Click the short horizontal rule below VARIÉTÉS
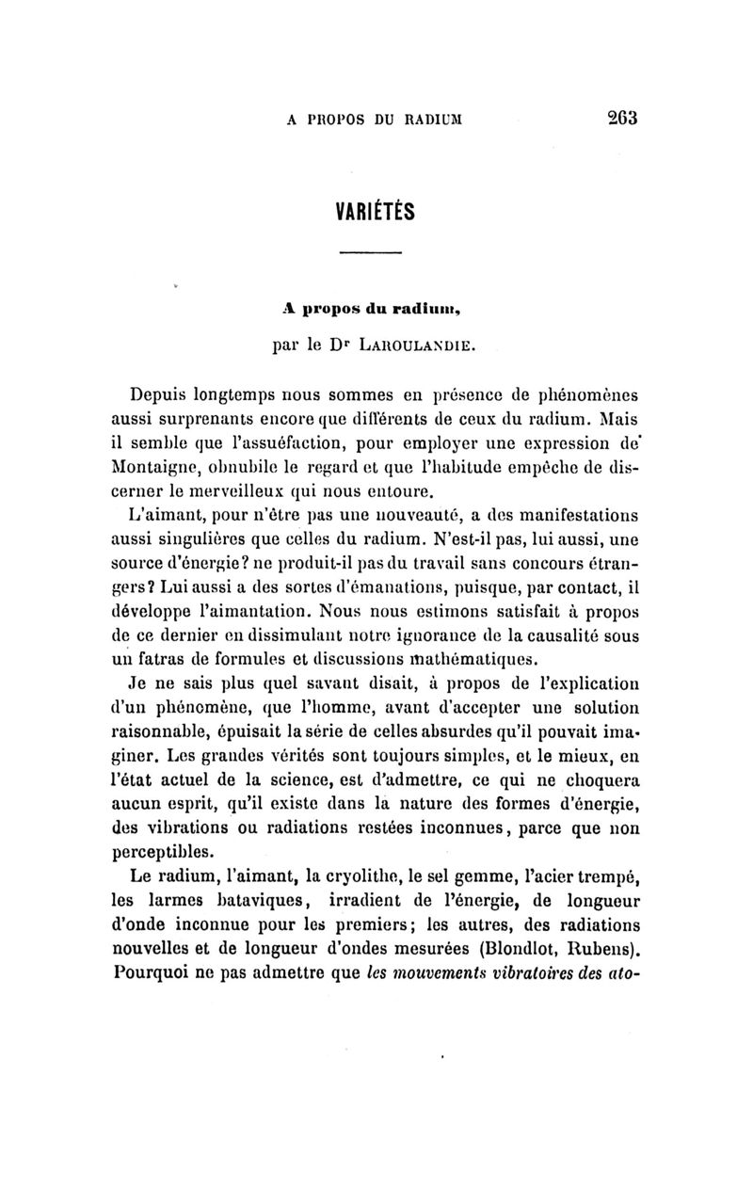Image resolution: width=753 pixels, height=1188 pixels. tap(369, 252)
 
